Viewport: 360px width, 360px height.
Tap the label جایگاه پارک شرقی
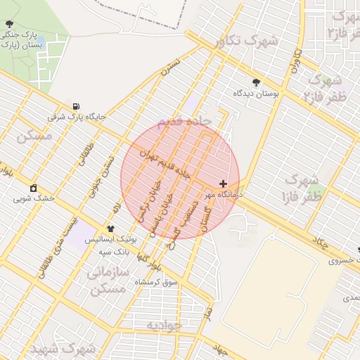point(76,117)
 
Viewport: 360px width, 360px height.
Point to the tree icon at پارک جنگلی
point(8,25)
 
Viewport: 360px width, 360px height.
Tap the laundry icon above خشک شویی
point(33,188)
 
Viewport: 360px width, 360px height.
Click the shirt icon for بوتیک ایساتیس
point(110,229)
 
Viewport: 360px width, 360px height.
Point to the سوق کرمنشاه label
point(165,282)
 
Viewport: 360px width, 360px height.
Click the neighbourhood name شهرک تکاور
point(248,41)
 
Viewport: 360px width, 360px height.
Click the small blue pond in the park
point(40,41)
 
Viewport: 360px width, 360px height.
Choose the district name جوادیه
point(164,326)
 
